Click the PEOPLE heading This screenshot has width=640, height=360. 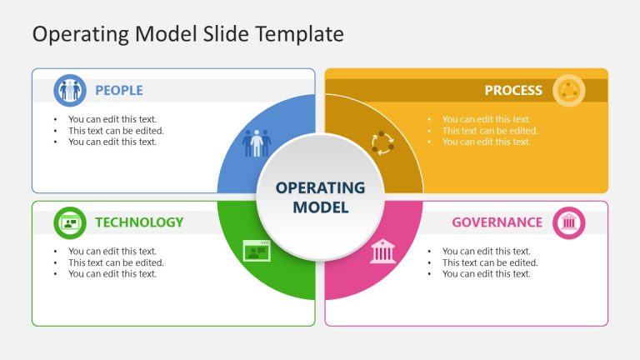coord(118,90)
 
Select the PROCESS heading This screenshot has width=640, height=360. coord(512,90)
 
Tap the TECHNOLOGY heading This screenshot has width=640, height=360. coord(138,222)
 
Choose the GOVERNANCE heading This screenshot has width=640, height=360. coord(497,222)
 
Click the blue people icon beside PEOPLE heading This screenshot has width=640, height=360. coord(70,90)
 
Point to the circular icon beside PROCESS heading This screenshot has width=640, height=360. coord(568,90)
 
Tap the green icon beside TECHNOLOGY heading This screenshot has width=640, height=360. coord(70,222)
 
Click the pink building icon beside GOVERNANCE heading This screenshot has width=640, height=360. coord(569,222)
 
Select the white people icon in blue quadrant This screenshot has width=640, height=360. coord(257,142)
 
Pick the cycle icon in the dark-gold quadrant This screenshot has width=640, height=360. coord(382,142)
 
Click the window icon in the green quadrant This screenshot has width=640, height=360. coord(257,250)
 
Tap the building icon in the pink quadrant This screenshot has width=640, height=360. coord(382,250)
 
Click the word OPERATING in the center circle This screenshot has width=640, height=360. coord(320,187)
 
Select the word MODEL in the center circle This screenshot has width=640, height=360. coord(320,207)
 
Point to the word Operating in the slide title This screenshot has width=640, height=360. coord(68,34)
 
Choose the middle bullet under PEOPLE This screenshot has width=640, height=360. coord(116,130)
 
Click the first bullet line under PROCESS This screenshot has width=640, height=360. coord(486,119)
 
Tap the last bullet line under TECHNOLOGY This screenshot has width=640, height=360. coord(112,273)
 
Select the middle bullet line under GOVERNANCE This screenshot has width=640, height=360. coord(490,262)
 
